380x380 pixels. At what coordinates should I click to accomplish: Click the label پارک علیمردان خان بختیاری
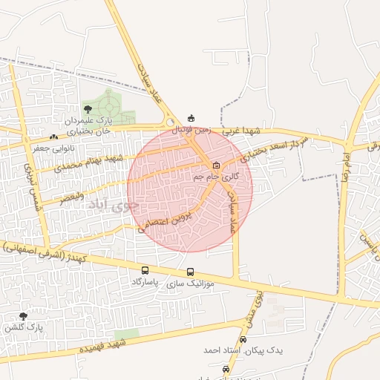[88, 125]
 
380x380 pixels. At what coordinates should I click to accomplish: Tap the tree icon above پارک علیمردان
[88, 109]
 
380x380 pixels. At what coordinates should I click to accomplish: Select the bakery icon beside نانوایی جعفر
[53, 137]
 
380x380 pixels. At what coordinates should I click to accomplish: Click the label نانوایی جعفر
[53, 148]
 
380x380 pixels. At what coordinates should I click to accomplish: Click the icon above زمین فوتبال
[191, 118]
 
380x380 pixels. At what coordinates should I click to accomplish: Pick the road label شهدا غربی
[245, 131]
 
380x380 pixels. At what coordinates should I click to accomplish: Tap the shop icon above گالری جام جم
[216, 165]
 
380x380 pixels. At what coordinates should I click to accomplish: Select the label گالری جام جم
[216, 177]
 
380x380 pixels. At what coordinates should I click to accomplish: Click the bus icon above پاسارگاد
[145, 271]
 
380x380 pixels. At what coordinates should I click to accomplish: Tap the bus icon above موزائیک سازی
[191, 272]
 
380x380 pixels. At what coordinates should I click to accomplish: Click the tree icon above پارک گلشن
[23, 316]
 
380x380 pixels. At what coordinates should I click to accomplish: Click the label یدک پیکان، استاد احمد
[242, 350]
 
